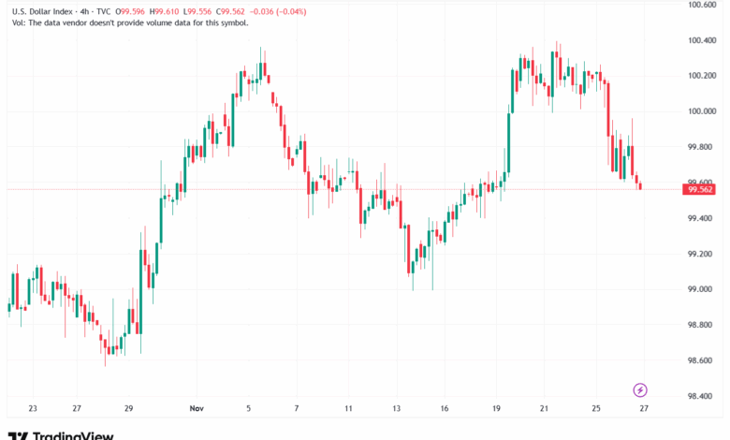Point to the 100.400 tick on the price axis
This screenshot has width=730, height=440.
[701, 40]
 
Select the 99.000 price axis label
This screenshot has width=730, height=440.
[701, 289]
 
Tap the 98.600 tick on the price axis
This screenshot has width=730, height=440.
[701, 360]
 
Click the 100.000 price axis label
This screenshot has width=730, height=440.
[701, 111]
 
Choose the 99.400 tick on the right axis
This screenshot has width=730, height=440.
[701, 218]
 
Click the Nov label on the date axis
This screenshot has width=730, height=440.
[197, 408]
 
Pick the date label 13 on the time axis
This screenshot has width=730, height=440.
[398, 408]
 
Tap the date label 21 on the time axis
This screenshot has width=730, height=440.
[544, 408]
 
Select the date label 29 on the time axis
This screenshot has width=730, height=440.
[129, 408]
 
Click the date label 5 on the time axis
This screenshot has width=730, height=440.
[249, 408]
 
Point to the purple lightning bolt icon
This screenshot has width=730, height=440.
[641, 389]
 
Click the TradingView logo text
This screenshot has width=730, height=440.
[73, 434]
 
